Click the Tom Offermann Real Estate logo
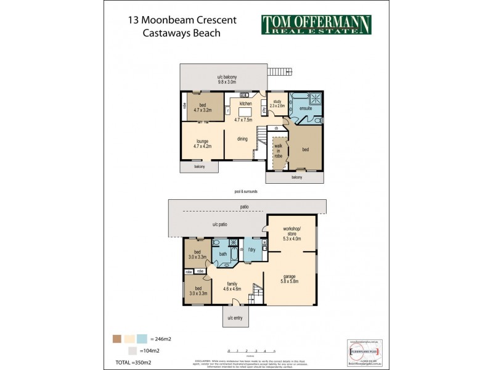click(317, 25)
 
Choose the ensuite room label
click(306, 109)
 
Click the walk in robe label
click(278, 152)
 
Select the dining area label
click(243, 139)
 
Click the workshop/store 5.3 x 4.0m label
click(291, 236)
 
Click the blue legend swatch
click(142, 338)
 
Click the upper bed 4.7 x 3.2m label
click(203, 108)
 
